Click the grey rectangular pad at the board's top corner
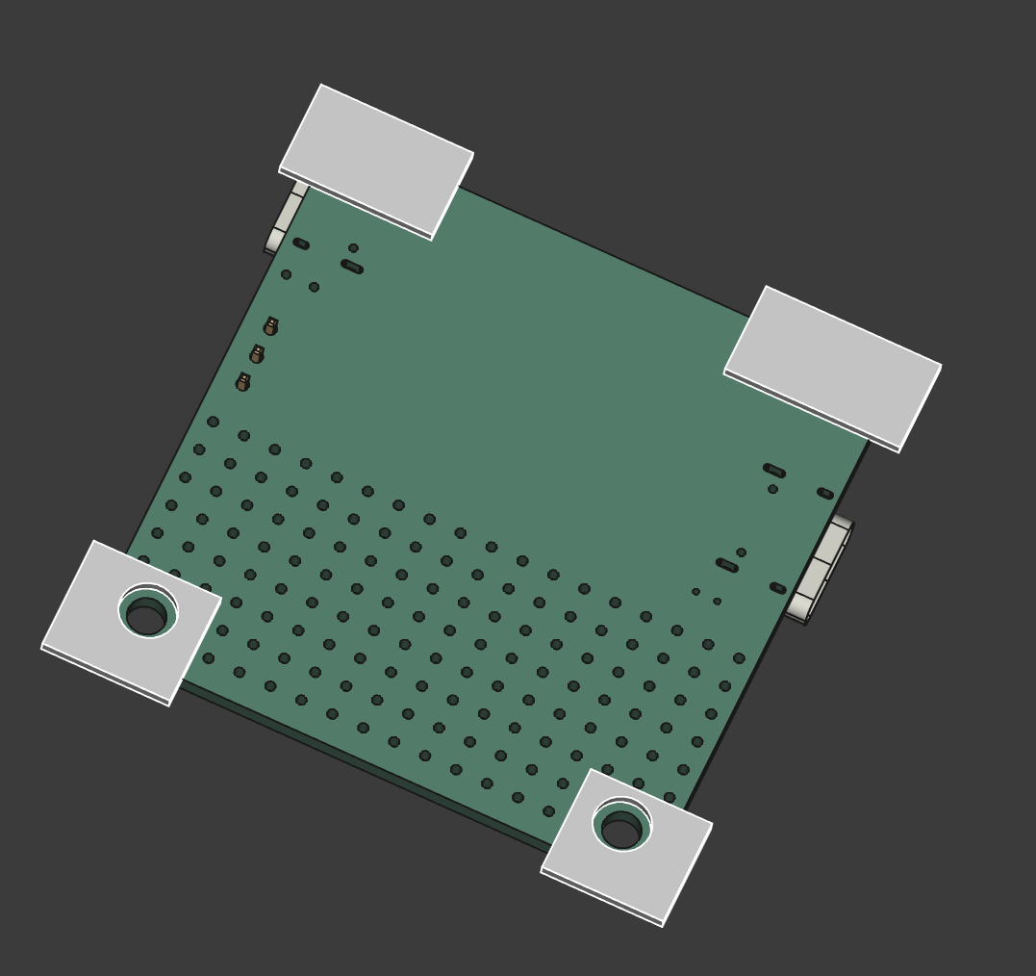coord(376,161)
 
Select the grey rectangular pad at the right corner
coord(833,367)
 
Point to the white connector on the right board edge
coord(820,571)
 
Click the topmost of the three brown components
coord(271,326)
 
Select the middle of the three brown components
coord(257,354)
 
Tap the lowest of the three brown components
coord(243,382)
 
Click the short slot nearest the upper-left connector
coord(301,244)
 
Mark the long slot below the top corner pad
coord(352,267)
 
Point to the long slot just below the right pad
coord(774,471)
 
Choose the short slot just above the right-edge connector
coord(825,494)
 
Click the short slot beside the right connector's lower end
coord(778,588)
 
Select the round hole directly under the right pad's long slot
coord(772,489)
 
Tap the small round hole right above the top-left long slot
coord(353,248)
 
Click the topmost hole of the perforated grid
coord(213,422)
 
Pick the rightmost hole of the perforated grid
coord(739,658)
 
